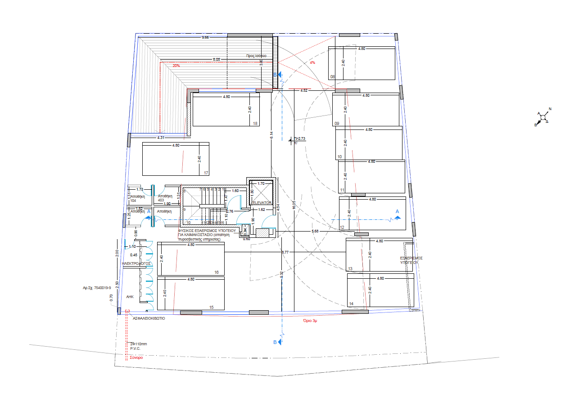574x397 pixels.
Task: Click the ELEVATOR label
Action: coord(262,203)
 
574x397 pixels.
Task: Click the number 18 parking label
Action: coord(255,124)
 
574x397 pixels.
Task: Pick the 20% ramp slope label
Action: coord(176,66)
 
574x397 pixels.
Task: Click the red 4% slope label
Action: coord(312,62)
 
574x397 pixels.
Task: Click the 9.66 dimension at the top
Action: coord(205,38)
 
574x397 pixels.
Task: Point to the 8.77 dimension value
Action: coord(285,253)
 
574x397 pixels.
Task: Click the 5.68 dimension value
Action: coord(315,231)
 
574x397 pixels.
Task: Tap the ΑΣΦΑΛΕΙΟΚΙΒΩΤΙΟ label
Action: coord(149,318)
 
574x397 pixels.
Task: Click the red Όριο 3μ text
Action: coord(311,321)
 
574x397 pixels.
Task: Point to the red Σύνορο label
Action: coord(136,358)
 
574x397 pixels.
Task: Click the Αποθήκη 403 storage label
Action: coord(165,198)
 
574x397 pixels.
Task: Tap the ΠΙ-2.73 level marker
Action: coord(299,139)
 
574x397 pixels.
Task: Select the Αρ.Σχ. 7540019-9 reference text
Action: coord(97,287)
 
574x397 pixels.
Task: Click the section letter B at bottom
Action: coord(275,342)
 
